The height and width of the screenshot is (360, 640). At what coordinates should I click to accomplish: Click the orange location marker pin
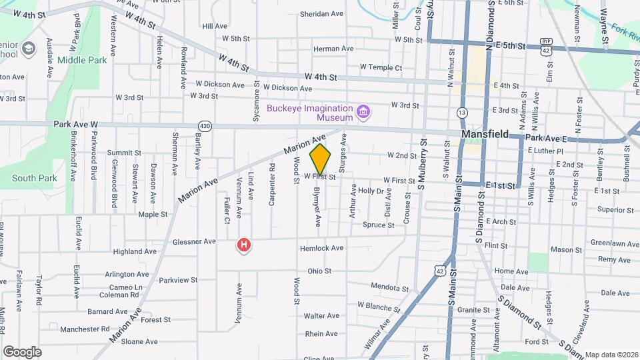click(x=321, y=159)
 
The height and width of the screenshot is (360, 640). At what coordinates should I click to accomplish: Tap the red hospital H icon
click(x=245, y=245)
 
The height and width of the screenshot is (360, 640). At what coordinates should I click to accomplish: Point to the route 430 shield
click(x=205, y=125)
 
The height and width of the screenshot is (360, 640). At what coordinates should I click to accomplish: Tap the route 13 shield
click(x=462, y=113)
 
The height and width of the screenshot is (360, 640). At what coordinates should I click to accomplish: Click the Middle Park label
click(x=82, y=60)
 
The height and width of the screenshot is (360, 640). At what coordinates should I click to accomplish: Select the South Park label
click(x=34, y=178)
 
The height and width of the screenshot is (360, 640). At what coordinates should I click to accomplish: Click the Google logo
click(x=22, y=351)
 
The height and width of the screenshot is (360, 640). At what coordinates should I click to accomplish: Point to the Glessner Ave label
click(x=193, y=241)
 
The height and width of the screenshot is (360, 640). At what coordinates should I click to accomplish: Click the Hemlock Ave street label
click(x=321, y=248)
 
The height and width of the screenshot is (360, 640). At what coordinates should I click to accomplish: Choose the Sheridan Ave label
click(x=321, y=13)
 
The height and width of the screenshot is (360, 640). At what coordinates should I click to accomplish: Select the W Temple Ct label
click(x=381, y=67)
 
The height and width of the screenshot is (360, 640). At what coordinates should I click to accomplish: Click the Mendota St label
click(x=389, y=289)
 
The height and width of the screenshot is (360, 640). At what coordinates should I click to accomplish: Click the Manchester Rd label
click(x=84, y=329)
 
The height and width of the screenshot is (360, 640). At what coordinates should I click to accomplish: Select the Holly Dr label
click(x=371, y=191)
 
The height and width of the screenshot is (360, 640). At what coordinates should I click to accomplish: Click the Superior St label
click(x=615, y=209)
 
